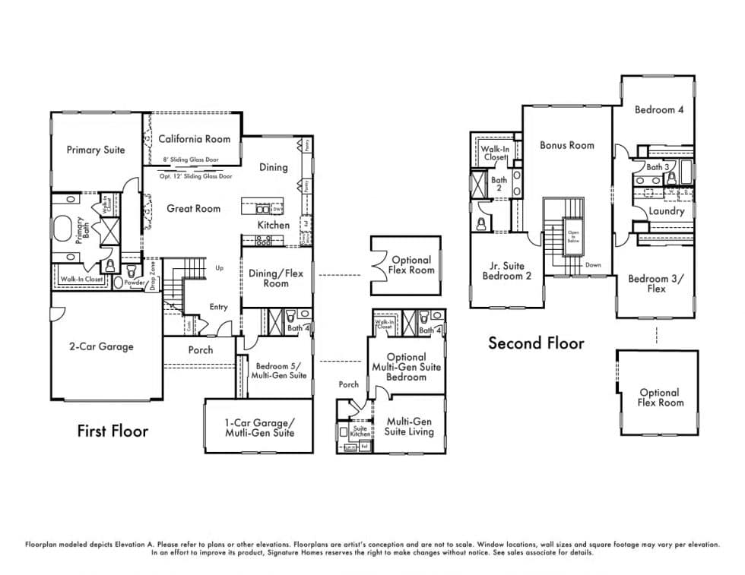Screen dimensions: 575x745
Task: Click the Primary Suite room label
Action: click(x=95, y=150)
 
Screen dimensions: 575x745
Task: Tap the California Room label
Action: click(x=194, y=139)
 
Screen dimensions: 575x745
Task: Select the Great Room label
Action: click(x=194, y=208)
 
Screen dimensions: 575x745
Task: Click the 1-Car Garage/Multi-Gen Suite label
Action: click(x=259, y=428)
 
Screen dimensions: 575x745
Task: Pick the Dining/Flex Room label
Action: click(x=276, y=278)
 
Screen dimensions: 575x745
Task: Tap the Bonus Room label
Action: click(x=567, y=145)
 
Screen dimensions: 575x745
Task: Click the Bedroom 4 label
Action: click(x=659, y=109)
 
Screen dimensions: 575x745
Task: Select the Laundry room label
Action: click(x=666, y=211)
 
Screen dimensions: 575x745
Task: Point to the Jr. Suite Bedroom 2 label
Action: click(x=507, y=271)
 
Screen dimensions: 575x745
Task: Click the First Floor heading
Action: click(x=113, y=431)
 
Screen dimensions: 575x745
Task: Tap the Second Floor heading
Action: click(x=536, y=343)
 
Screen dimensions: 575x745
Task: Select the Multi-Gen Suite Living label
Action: click(x=409, y=426)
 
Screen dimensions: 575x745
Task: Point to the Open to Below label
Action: click(x=572, y=236)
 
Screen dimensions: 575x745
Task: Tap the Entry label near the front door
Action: click(x=218, y=307)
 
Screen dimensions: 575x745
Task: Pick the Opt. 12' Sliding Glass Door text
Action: click(x=195, y=175)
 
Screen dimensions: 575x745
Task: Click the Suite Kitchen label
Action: click(x=360, y=431)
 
